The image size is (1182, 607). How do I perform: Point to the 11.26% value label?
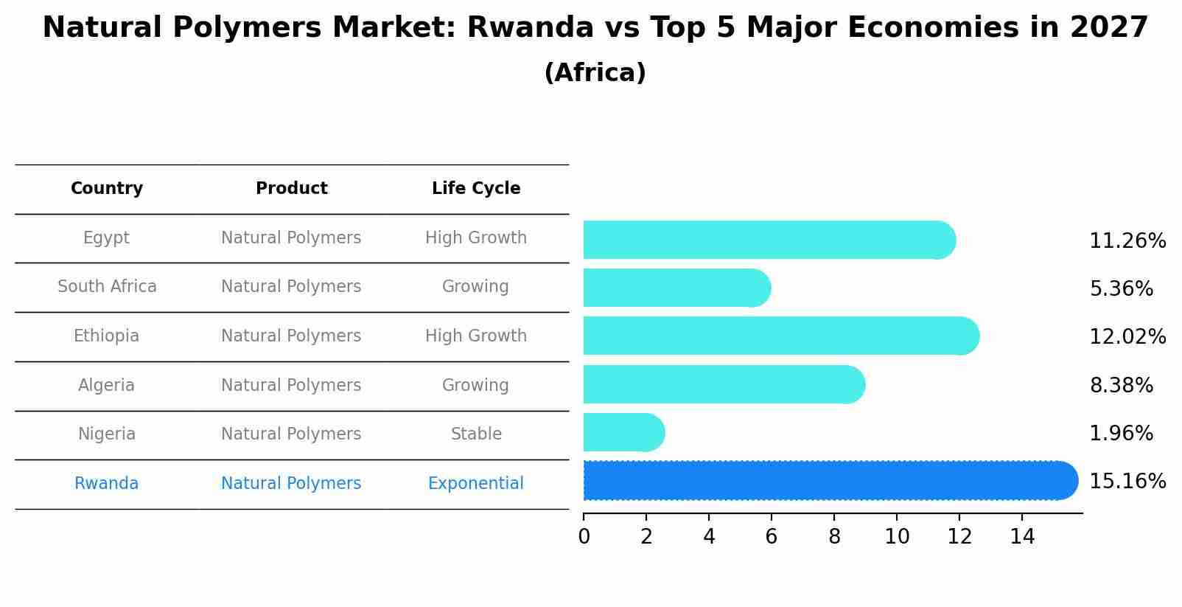[x=1127, y=241]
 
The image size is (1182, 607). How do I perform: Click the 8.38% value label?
[x=1121, y=385]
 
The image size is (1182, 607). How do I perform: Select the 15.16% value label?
[x=1127, y=482]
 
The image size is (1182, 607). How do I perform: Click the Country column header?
[x=107, y=189]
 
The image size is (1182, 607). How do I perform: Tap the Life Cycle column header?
[x=476, y=189]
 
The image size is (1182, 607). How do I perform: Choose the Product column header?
[x=291, y=189]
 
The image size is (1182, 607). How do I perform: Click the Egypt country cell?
[x=106, y=238]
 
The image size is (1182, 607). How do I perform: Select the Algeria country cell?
[x=106, y=385]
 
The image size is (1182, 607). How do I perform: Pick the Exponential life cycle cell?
[x=475, y=484]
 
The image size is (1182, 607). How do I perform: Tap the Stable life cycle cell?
[x=476, y=434]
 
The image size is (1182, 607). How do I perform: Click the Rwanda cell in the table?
[x=106, y=484]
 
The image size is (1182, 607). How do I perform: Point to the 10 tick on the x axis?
[x=897, y=537]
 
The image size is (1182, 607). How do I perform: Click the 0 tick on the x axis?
[x=584, y=537]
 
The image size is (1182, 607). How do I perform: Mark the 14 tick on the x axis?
[x=1022, y=537]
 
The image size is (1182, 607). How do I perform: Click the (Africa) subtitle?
[x=595, y=73]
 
